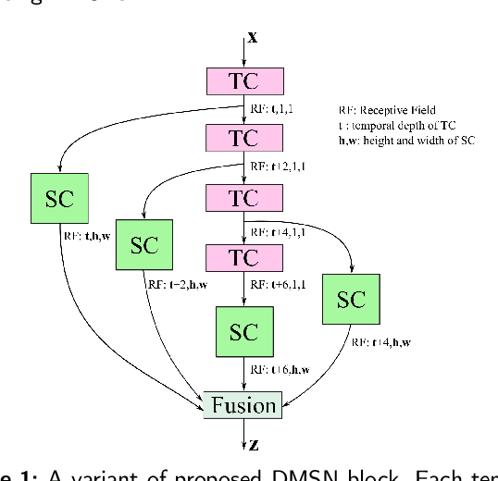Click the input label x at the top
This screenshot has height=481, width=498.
pyautogui.click(x=252, y=38)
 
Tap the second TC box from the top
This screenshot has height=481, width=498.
pyautogui.click(x=244, y=139)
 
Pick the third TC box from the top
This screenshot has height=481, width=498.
pyautogui.click(x=244, y=197)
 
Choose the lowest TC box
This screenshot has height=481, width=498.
pyautogui.click(x=244, y=256)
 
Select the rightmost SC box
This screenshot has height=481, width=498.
pyautogui.click(x=351, y=299)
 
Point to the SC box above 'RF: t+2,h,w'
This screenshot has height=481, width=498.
pyautogui.click(x=144, y=244)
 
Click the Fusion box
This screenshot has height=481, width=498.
pyautogui.click(x=244, y=405)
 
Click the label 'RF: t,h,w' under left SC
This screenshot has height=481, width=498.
pyautogui.click(x=90, y=235)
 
